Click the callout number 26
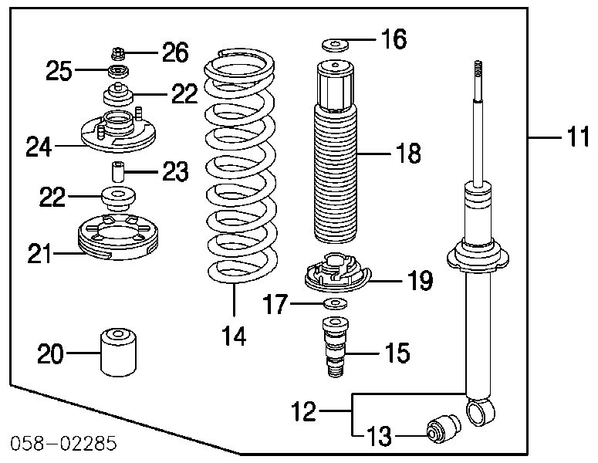pos(174,52)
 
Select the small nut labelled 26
pos(118,54)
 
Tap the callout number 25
pos(59,72)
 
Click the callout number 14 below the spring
pos(234,336)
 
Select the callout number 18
pos(408,154)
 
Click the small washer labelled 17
pos(334,302)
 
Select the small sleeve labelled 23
pos(117,171)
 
